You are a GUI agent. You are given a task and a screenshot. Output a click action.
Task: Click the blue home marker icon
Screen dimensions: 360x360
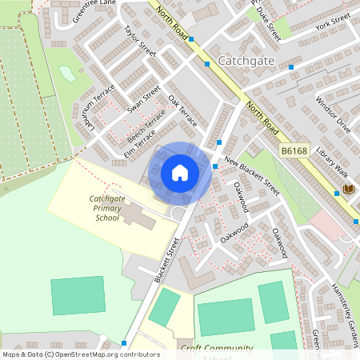[x=180, y=173]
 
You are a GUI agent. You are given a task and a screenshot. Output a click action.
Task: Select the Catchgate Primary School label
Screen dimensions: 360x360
[x=106, y=207]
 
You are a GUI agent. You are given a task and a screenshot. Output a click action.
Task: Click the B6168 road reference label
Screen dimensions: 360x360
[x=294, y=150]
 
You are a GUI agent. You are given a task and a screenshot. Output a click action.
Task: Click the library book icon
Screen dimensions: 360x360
[x=348, y=190]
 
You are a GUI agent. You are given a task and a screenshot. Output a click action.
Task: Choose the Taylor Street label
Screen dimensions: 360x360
[x=139, y=42]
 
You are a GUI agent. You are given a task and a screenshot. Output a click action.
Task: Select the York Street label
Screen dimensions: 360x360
[x=332, y=22]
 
